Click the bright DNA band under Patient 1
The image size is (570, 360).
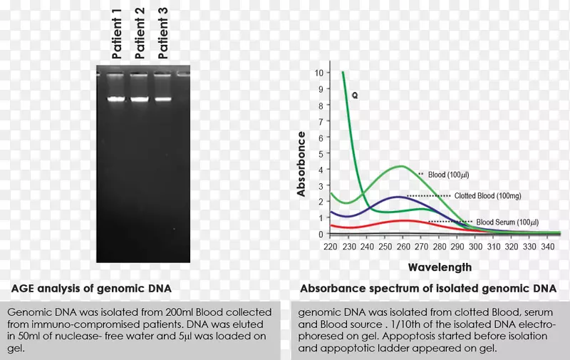pyautogui.click(x=117, y=99)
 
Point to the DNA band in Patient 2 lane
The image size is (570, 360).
pyautogui.click(x=140, y=99)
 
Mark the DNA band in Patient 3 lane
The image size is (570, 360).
pyautogui.click(x=162, y=99)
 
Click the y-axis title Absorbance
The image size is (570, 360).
pyautogui.click(x=301, y=164)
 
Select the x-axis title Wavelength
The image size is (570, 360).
pyautogui.click(x=440, y=267)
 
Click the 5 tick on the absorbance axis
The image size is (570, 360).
pyautogui.click(x=321, y=153)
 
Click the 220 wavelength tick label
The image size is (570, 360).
pyautogui.click(x=330, y=247)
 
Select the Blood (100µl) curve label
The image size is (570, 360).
pyautogui.click(x=448, y=174)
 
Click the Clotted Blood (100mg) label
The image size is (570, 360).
pyautogui.click(x=482, y=195)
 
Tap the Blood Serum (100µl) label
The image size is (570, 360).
pyautogui.click(x=507, y=222)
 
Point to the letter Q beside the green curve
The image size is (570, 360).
pyautogui.click(x=354, y=93)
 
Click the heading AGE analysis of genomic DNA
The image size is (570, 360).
pyautogui.click(x=91, y=289)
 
